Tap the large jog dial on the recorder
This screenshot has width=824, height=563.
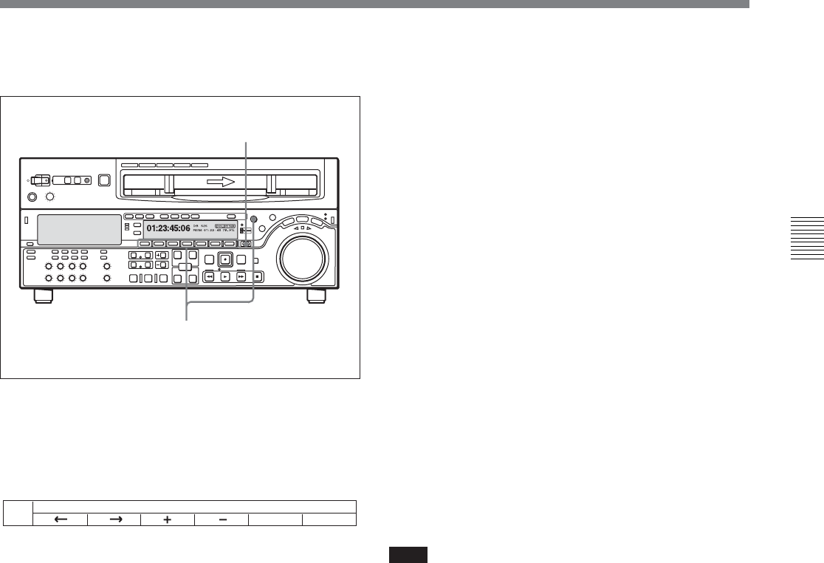300,259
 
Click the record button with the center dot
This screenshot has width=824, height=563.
225,260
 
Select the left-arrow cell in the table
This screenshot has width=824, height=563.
61,519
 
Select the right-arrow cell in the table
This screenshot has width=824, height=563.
114,519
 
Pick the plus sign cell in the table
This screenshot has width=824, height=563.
168,519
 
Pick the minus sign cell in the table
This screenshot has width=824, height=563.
222,519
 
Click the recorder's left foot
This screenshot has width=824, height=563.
44,296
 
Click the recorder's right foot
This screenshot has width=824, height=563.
317,296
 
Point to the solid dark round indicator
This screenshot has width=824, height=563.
253,219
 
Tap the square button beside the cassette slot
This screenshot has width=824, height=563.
104,180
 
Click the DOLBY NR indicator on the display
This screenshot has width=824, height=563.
225,225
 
